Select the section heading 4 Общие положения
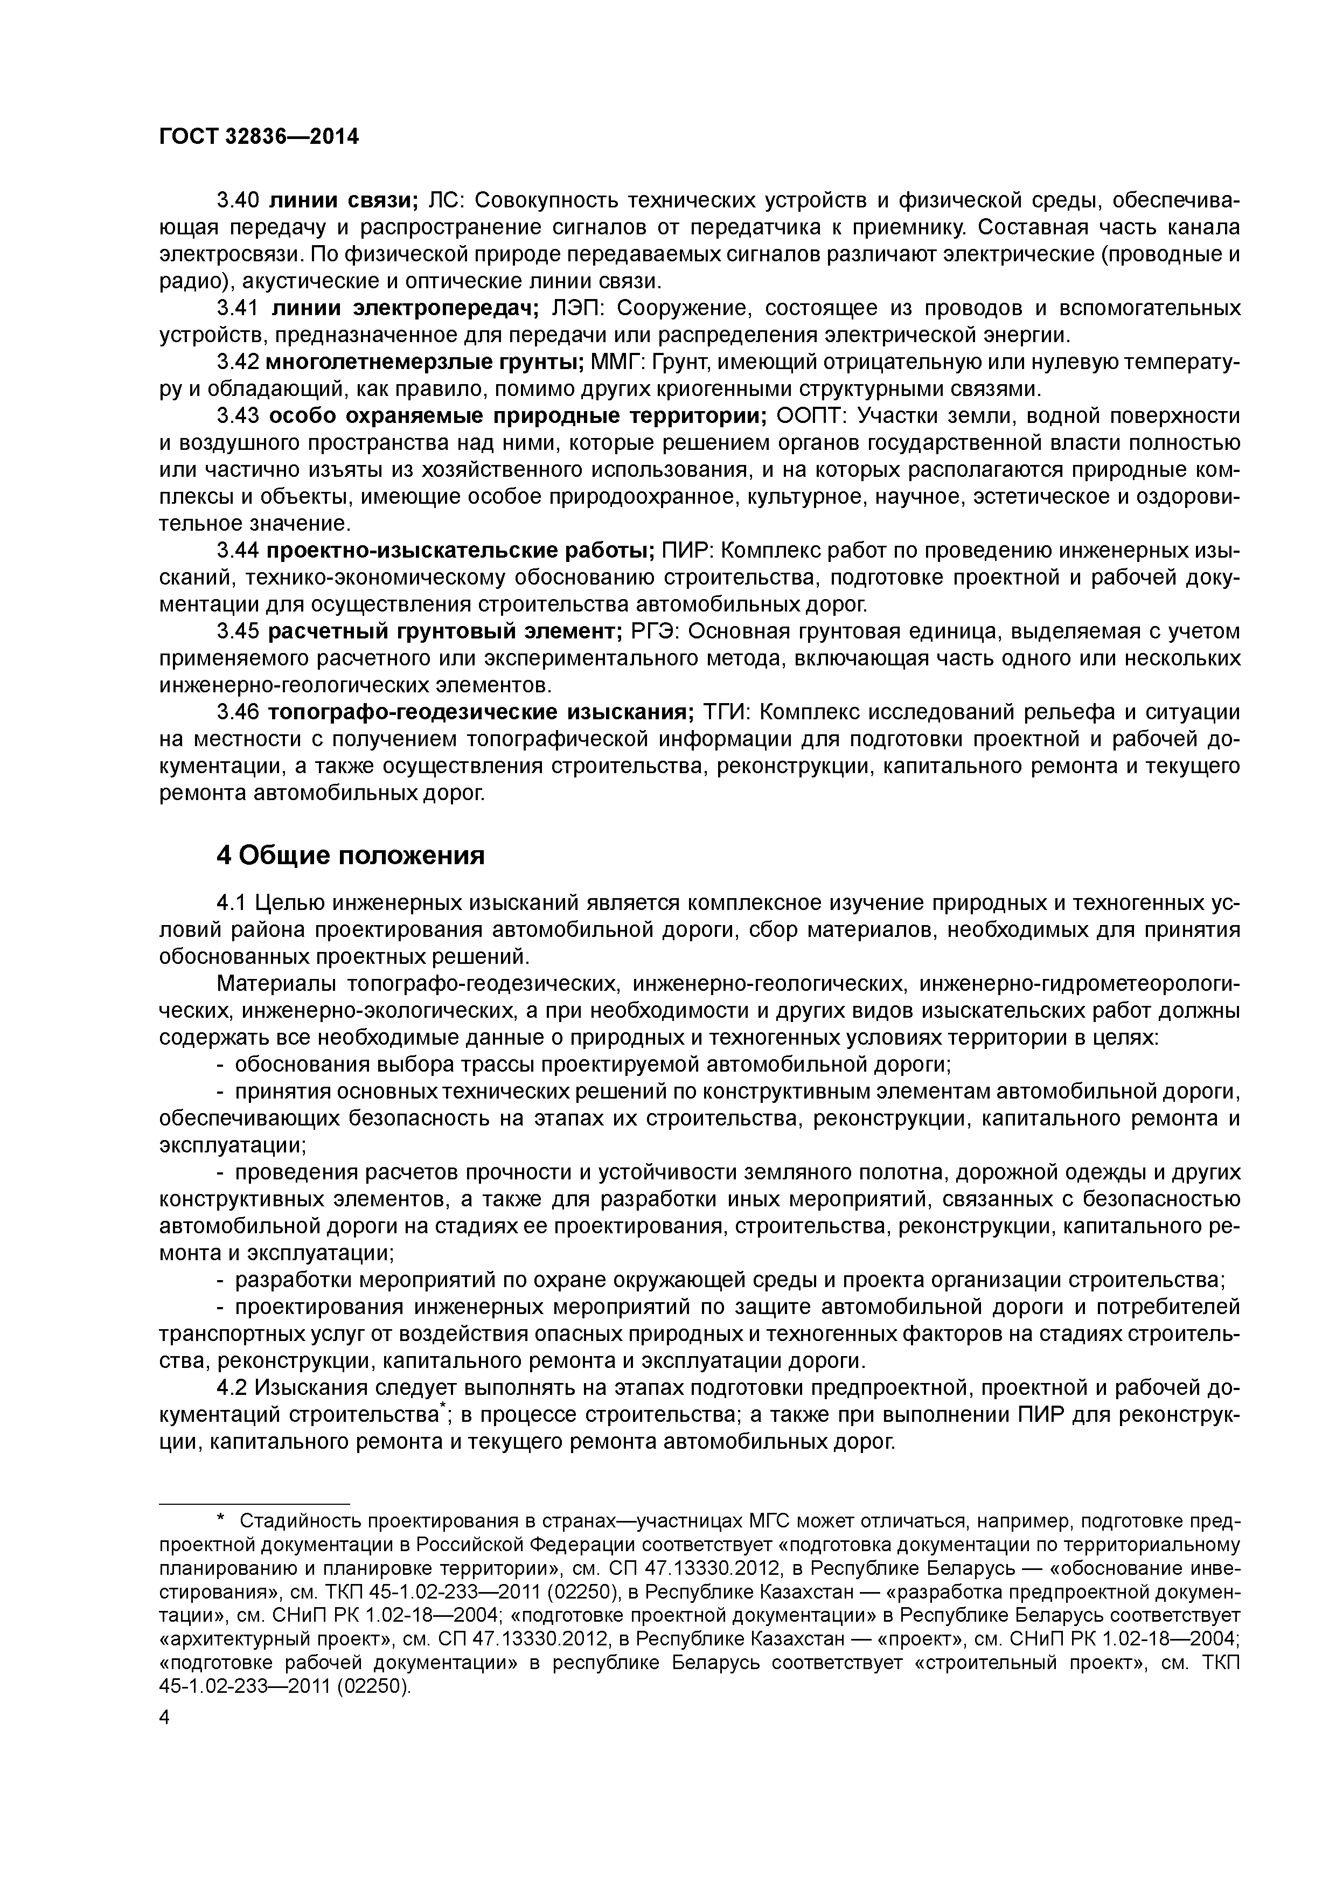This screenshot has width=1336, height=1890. click(x=350, y=856)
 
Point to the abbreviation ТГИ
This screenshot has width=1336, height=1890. click(x=729, y=712)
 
